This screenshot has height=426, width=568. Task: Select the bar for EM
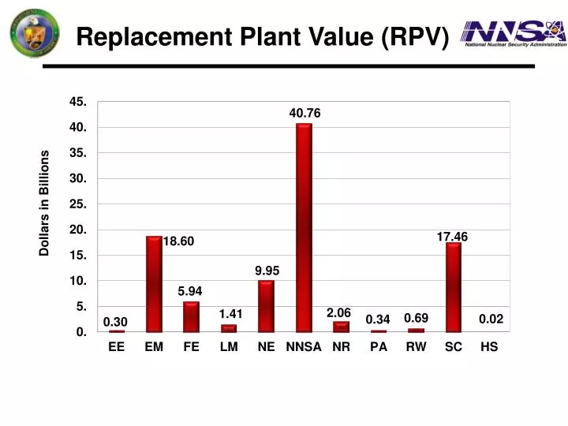pyautogui.click(x=154, y=284)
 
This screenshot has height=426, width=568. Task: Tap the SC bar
pyautogui.click(x=453, y=287)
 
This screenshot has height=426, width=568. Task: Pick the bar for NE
pyautogui.click(x=266, y=306)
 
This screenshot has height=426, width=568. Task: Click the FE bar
pyautogui.click(x=191, y=316)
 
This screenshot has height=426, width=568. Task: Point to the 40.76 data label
pyautogui.click(x=305, y=114)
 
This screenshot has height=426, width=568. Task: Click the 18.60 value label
pyautogui.click(x=178, y=241)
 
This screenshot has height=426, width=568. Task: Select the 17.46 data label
pyautogui.click(x=452, y=236)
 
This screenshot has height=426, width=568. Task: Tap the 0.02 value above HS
pyautogui.click(x=490, y=319)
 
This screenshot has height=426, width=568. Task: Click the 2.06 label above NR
pyautogui.click(x=338, y=313)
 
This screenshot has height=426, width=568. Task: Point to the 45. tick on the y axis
pyautogui.click(x=78, y=102)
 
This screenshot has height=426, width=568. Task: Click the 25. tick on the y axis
pyautogui.click(x=78, y=204)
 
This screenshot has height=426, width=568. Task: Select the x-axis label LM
pyautogui.click(x=229, y=347)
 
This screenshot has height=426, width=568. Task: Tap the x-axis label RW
pyautogui.click(x=416, y=347)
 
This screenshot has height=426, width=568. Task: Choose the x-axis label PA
pyautogui.click(x=379, y=347)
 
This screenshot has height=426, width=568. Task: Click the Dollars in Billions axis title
pyautogui.click(x=45, y=204)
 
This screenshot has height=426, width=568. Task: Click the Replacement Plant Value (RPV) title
pyautogui.click(x=263, y=36)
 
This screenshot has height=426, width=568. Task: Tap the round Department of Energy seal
pyautogui.click(x=34, y=35)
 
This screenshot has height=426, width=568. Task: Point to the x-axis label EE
pyautogui.click(x=116, y=347)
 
